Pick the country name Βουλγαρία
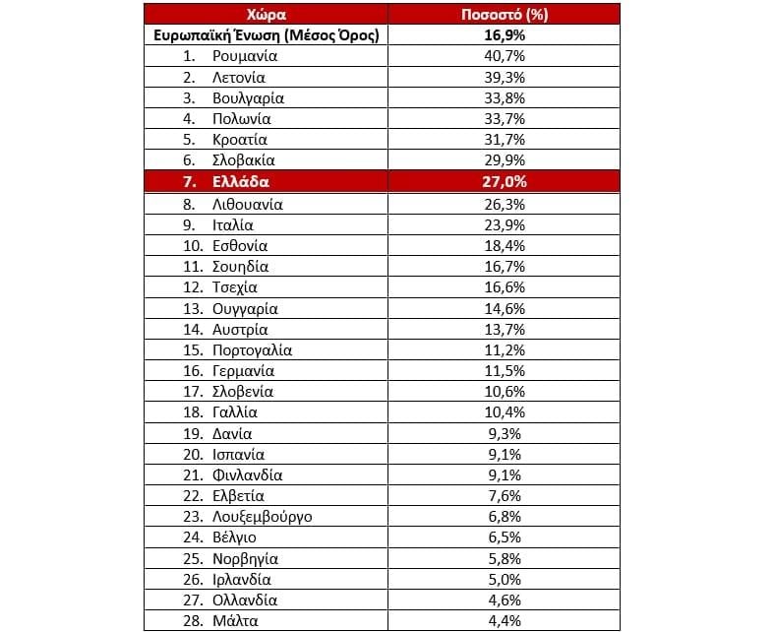click(248, 97)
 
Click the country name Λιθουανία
click(247, 205)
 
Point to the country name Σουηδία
click(240, 267)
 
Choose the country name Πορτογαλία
click(252, 350)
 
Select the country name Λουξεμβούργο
click(263, 517)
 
